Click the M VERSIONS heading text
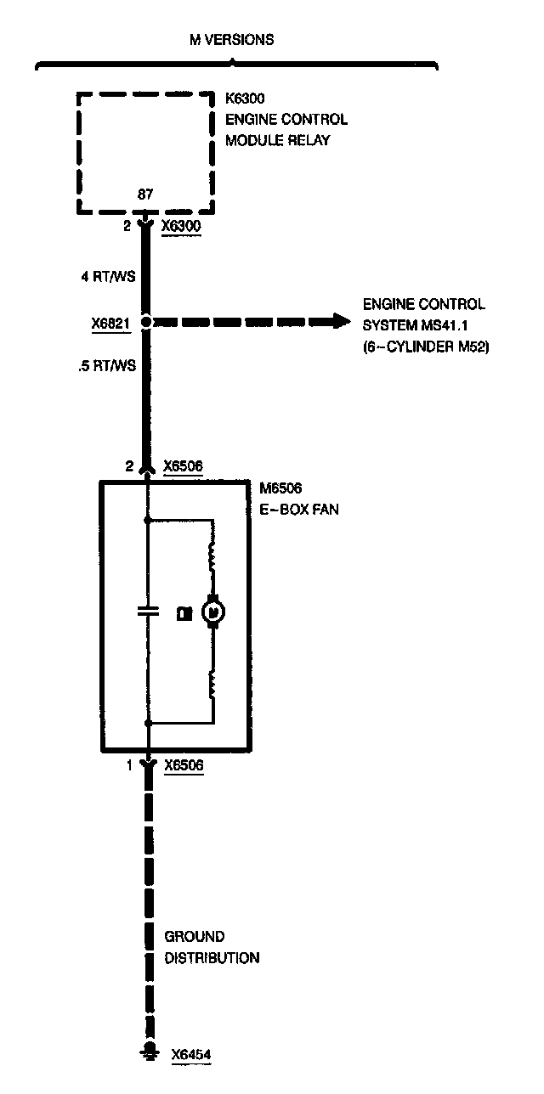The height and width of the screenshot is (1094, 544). tap(231, 39)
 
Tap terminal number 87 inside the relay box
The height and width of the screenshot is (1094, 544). tap(145, 195)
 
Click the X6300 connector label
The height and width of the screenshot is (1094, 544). tap(182, 227)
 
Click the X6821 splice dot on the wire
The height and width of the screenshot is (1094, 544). tap(146, 323)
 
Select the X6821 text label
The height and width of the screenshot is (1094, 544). tap(110, 324)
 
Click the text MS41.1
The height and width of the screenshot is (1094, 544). tap(439, 324)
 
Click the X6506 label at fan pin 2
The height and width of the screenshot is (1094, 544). tap(183, 465)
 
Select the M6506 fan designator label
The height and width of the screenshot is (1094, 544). tap(280, 488)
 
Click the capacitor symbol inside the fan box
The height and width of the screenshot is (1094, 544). tap(147, 609)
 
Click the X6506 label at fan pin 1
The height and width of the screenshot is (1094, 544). tap(183, 765)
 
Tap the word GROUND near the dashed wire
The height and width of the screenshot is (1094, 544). tap(194, 937)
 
